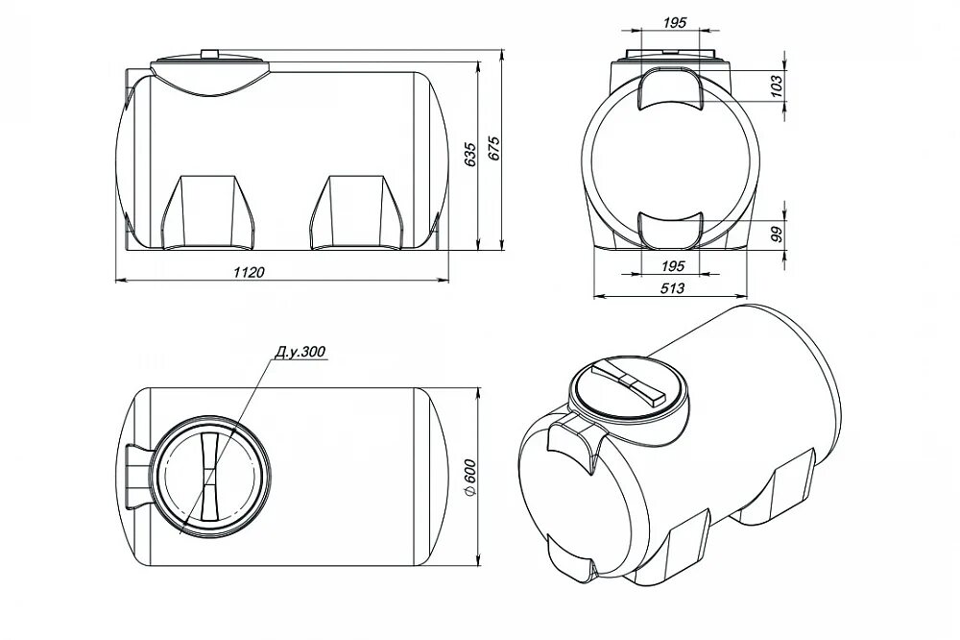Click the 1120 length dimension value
250,272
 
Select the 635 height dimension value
470,155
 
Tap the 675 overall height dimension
494,148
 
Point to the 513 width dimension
673,288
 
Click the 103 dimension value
777,86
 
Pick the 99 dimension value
777,234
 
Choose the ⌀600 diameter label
470,478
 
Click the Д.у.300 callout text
300,352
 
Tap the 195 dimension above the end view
674,23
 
